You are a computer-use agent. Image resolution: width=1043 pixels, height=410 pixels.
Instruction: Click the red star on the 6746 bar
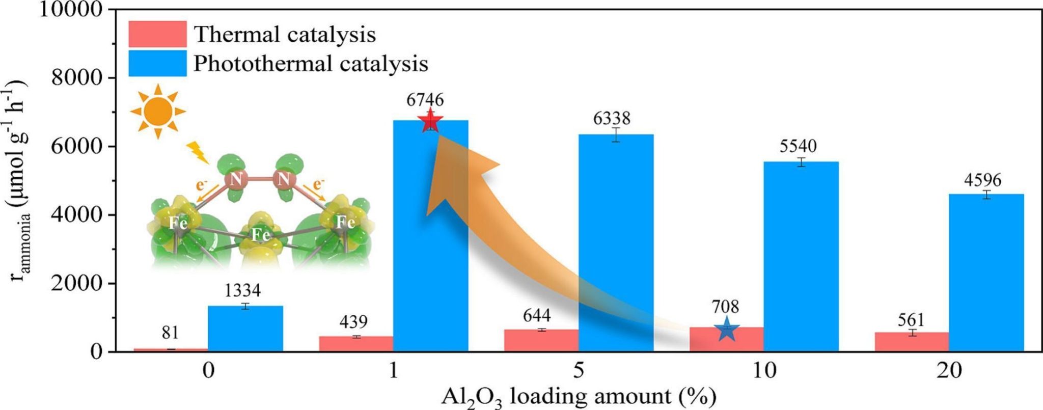(431, 121)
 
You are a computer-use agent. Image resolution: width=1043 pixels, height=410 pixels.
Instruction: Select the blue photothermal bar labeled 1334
(245, 329)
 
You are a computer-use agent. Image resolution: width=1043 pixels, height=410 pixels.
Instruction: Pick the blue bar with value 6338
(616, 242)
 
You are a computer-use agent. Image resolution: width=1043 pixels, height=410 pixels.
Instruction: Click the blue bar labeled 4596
(986, 272)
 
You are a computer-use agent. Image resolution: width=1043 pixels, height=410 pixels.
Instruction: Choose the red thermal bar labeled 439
(356, 344)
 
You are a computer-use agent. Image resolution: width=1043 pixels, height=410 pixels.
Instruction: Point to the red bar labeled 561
(912, 342)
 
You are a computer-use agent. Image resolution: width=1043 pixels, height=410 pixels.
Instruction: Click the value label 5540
(798, 147)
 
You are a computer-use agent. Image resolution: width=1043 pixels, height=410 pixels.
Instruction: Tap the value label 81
(170, 333)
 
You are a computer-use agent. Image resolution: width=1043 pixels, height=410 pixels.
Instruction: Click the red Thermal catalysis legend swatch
(157, 34)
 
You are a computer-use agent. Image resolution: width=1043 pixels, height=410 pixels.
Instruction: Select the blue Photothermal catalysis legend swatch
(157, 63)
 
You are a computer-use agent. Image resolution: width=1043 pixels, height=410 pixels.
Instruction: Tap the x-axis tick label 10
(764, 371)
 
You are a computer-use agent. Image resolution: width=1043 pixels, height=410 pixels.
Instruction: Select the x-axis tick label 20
(949, 371)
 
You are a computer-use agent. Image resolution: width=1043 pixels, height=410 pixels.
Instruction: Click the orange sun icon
(158, 111)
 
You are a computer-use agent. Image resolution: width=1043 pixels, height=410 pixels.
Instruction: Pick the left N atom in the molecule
(235, 179)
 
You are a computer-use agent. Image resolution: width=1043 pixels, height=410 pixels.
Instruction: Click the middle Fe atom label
(260, 235)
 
